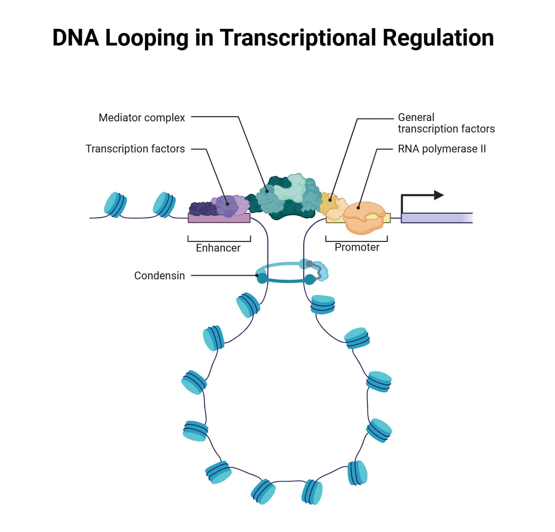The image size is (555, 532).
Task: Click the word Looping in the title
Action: tap(147, 38)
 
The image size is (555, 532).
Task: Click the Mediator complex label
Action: tap(142, 118)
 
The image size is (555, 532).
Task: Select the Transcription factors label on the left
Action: tap(135, 149)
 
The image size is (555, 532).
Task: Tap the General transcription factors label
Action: tap(446, 123)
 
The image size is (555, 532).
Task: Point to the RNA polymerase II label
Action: tap(442, 149)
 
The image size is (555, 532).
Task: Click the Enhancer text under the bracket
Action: tap(218, 248)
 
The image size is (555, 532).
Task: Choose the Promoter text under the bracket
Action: tap(357, 247)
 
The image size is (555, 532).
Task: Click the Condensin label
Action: tap(159, 276)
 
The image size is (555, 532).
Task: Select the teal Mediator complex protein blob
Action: tap(289, 196)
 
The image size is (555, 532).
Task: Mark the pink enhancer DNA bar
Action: tap(219, 218)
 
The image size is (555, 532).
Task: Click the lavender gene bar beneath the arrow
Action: tap(437, 218)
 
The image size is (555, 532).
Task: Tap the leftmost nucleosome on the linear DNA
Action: tap(115, 205)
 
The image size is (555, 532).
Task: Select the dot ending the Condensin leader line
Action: tap(257, 276)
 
